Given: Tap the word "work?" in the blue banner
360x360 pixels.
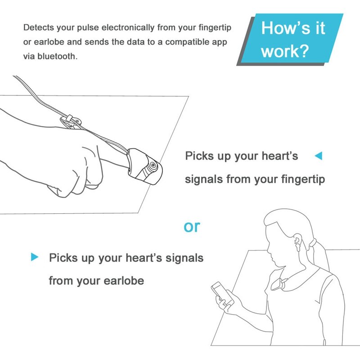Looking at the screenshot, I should click(x=285, y=51).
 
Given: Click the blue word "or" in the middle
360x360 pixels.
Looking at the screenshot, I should click(x=191, y=226).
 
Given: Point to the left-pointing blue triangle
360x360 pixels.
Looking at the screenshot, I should click(x=318, y=156).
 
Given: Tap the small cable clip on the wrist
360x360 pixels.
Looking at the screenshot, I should click(x=70, y=120).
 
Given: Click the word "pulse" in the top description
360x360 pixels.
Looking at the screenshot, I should click(x=88, y=27).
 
